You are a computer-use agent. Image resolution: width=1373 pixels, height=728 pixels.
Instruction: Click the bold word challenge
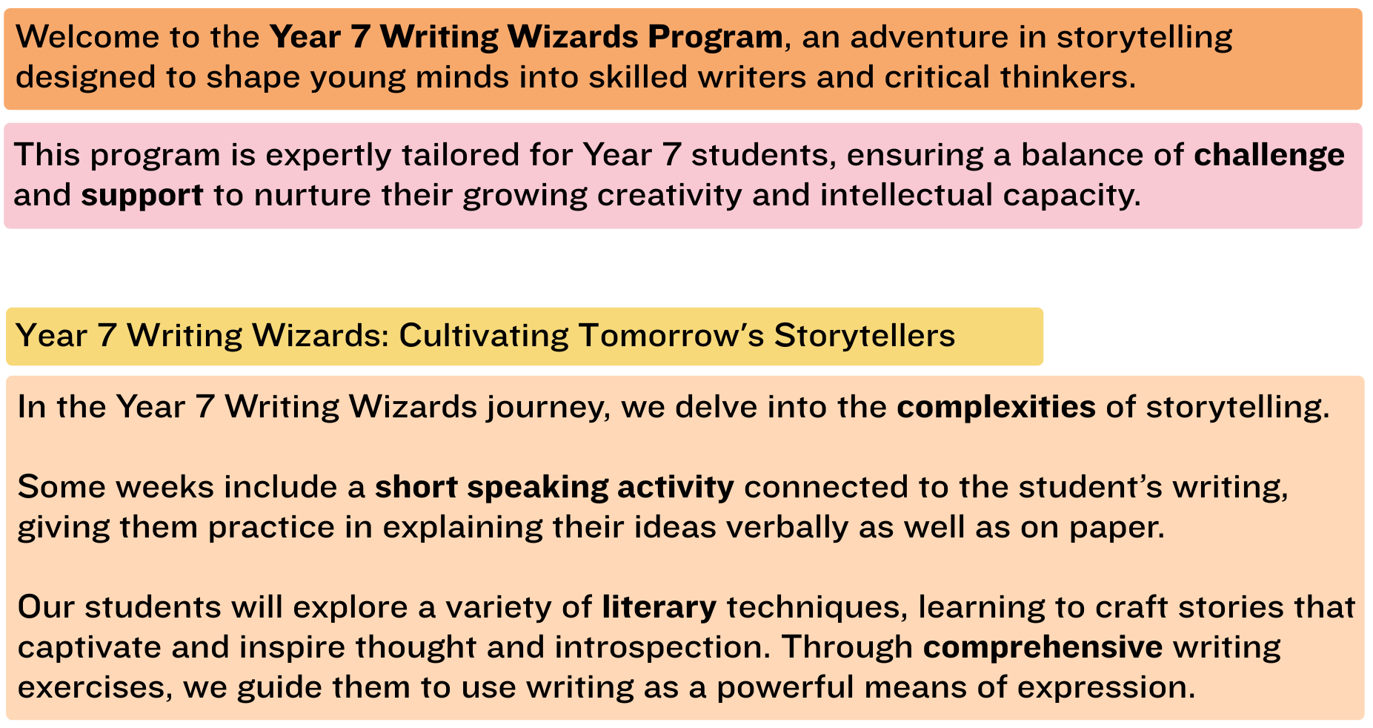tap(1269, 155)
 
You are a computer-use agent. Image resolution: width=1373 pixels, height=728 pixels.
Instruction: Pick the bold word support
tap(142, 196)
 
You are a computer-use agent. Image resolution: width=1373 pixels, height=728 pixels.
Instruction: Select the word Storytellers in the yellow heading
tap(865, 336)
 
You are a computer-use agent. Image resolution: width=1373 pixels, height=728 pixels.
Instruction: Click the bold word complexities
tap(996, 408)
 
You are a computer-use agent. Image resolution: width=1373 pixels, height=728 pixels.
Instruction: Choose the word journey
tap(548, 408)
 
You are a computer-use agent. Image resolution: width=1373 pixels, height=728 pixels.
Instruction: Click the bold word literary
tap(659, 607)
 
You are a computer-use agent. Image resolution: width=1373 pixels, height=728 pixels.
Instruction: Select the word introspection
tap(659, 647)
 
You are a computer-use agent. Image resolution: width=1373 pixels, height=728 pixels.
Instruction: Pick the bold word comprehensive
tap(1043, 647)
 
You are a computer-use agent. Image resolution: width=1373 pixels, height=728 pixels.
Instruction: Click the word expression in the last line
tap(1106, 687)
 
